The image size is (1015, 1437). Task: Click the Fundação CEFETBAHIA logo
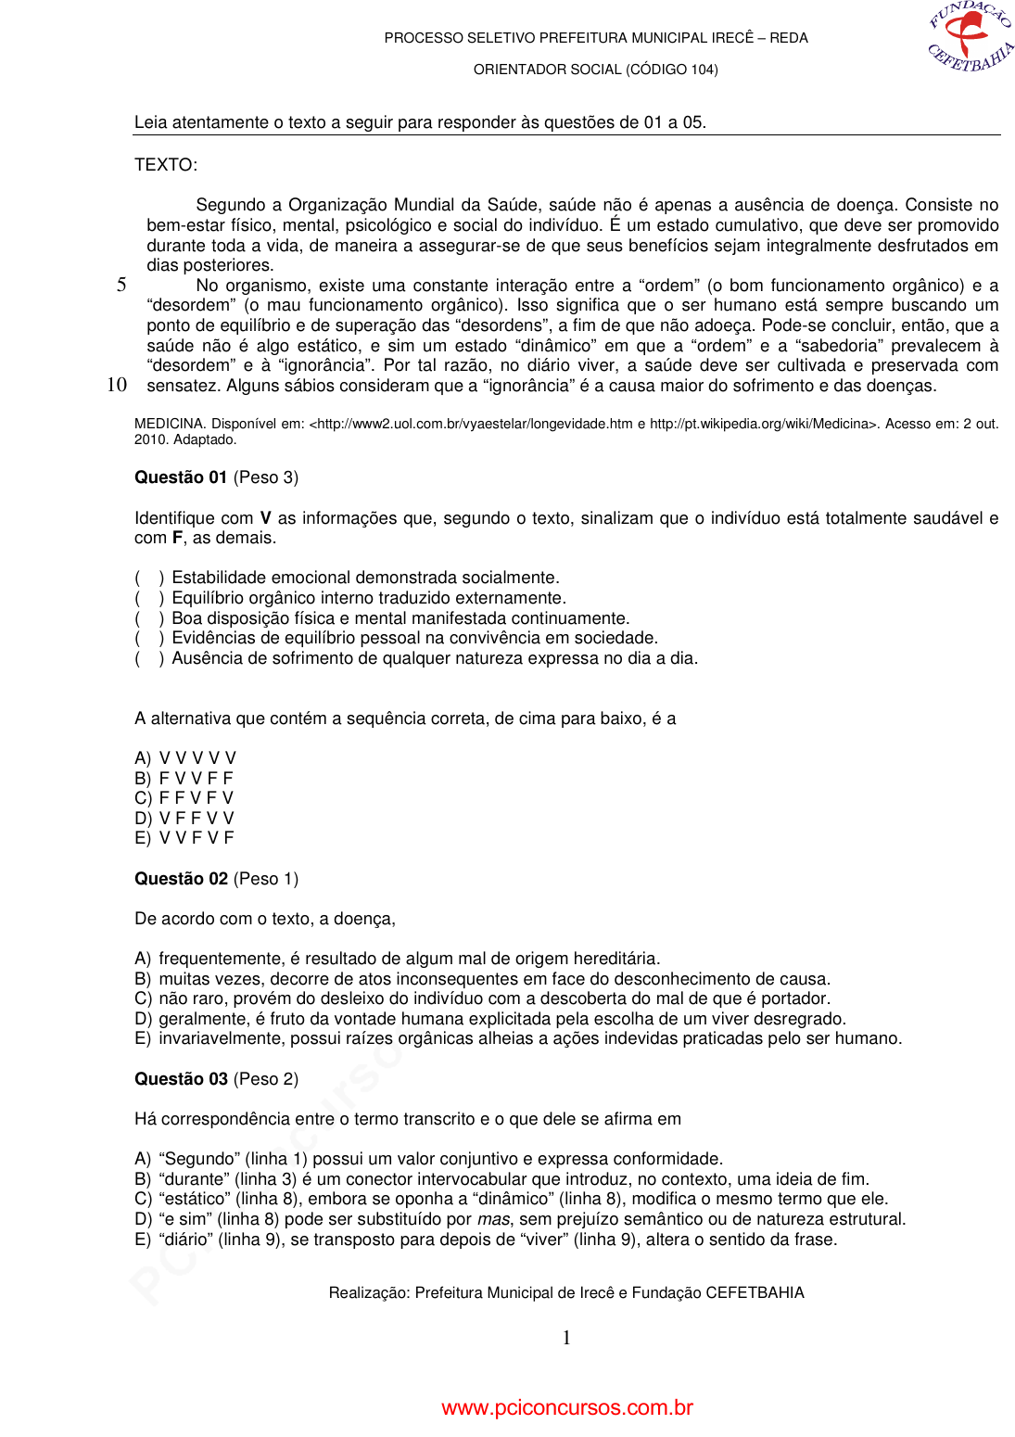tap(971, 37)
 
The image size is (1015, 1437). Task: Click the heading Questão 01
tap(181, 477)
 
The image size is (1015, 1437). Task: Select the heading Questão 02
tap(181, 879)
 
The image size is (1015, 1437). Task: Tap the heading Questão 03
tap(181, 1079)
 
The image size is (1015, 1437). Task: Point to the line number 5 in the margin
tap(121, 285)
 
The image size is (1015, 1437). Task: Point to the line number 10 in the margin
tap(117, 385)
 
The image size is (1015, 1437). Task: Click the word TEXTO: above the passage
tap(166, 165)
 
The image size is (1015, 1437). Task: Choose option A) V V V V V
tap(185, 758)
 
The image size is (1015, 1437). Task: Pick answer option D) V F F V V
tap(184, 819)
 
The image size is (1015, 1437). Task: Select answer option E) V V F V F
tap(184, 838)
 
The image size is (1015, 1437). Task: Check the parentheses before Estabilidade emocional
tap(149, 578)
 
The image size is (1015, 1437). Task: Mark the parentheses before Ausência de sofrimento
tap(149, 658)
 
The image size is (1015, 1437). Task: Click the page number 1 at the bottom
tap(566, 1338)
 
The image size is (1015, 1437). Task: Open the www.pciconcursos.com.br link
tap(567, 1407)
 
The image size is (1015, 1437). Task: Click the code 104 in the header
tap(702, 70)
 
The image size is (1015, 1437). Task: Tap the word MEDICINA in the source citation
tap(169, 424)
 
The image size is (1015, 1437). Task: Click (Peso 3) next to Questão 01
tap(266, 477)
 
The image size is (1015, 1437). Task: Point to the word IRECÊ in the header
tap(732, 38)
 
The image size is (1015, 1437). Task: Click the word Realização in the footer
tap(368, 1293)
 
